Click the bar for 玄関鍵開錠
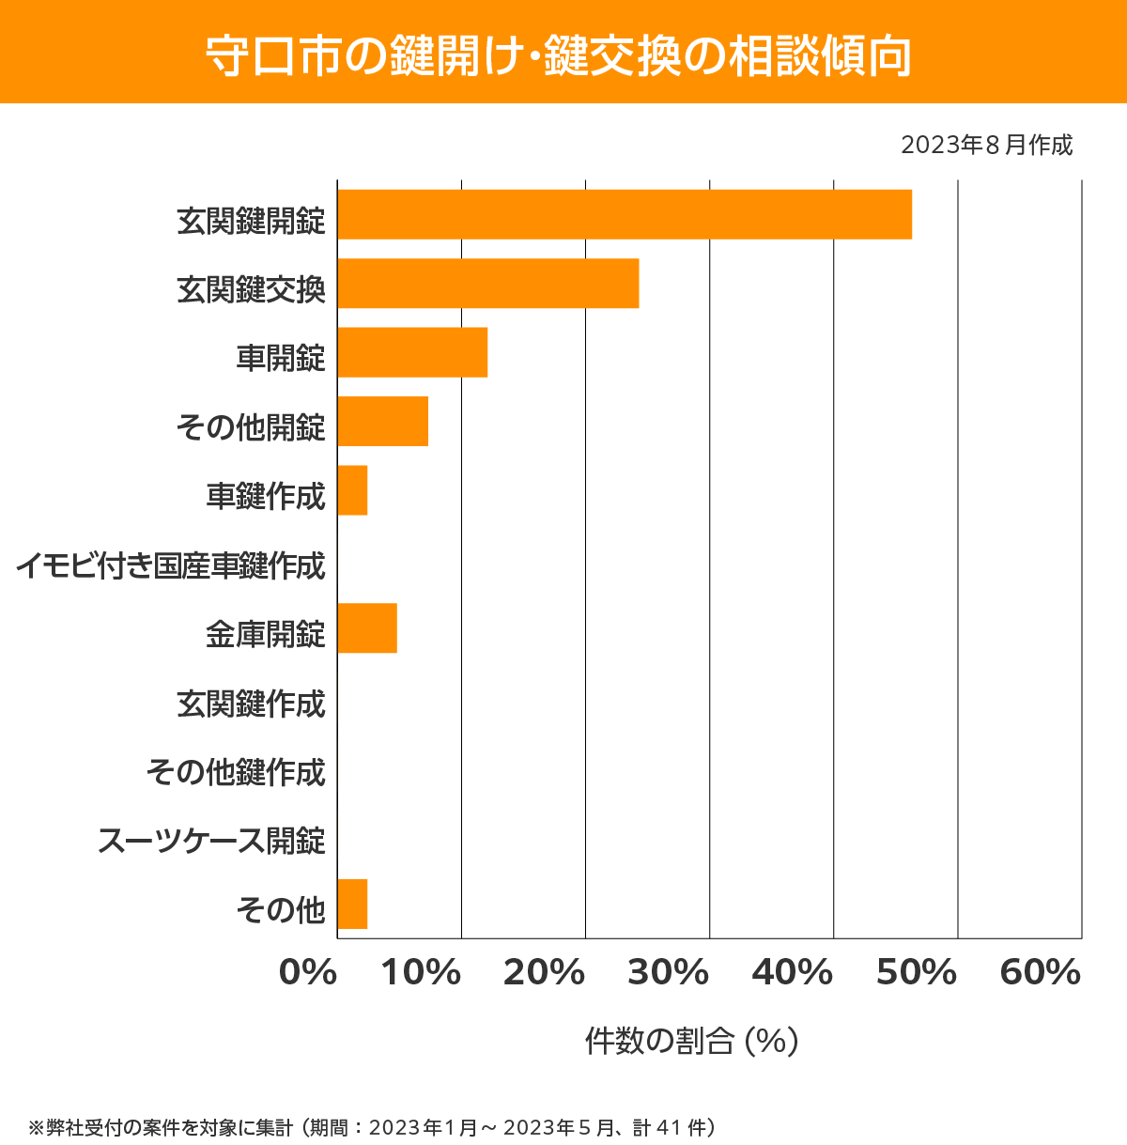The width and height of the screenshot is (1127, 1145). [625, 214]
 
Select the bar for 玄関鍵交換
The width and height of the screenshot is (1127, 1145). [487, 283]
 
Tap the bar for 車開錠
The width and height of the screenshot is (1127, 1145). [412, 352]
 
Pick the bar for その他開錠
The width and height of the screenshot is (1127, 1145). [382, 421]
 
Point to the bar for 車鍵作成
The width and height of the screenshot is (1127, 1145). [352, 490]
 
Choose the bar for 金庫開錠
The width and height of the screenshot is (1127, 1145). [367, 627]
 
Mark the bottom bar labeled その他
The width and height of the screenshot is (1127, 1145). [352, 904]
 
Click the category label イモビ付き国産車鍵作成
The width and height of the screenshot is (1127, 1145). [171, 565]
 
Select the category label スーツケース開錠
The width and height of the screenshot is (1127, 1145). [212, 841]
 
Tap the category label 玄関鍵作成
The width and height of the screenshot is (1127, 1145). [251, 704]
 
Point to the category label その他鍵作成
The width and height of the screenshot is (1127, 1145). [236, 772]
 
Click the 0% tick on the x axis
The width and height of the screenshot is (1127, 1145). [308, 973]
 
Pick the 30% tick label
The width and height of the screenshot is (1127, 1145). [668, 973]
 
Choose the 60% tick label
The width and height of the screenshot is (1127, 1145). [1040, 973]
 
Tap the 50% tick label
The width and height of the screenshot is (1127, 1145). [916, 973]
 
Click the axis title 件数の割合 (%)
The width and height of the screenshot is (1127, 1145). [691, 1041]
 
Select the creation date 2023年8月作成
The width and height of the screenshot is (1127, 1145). [986, 146]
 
